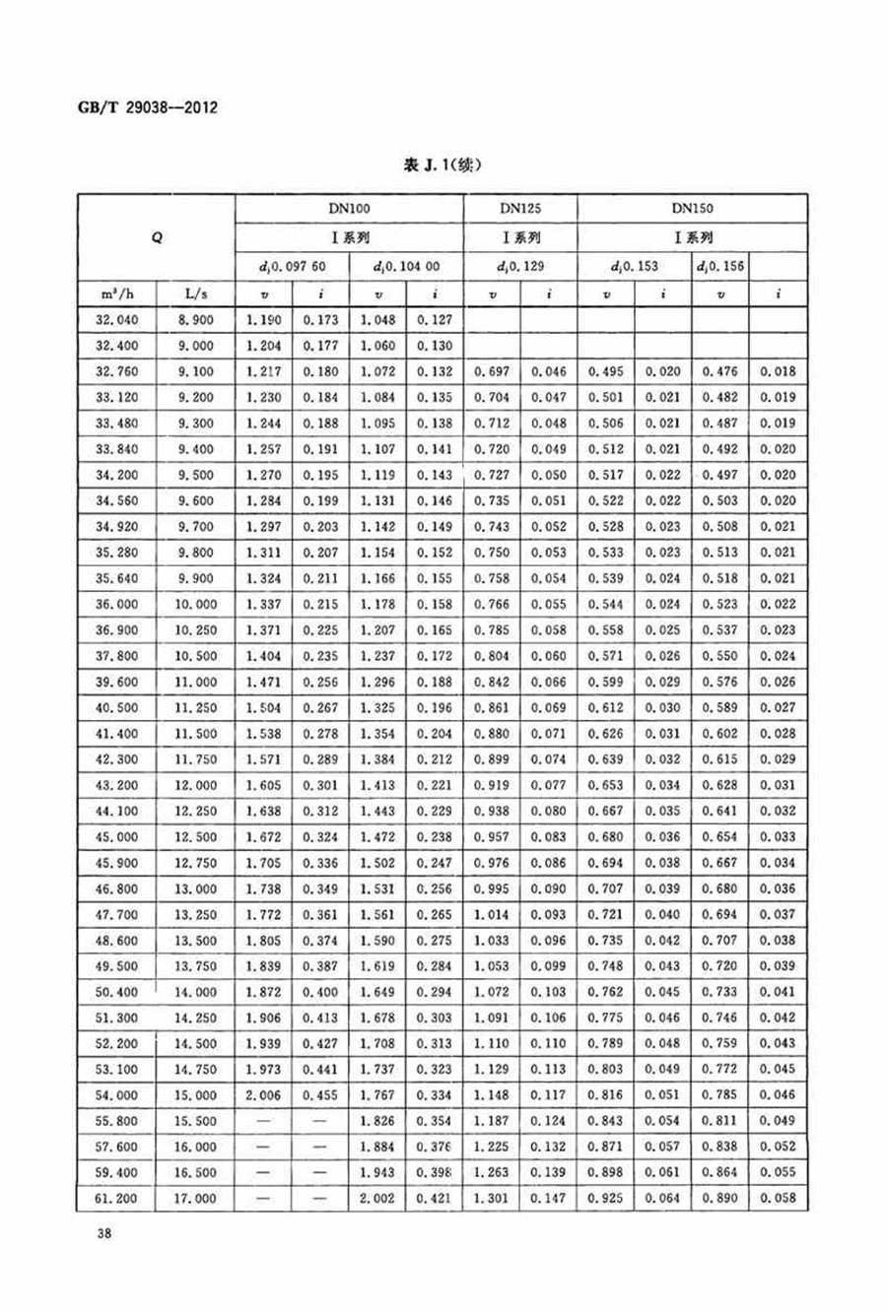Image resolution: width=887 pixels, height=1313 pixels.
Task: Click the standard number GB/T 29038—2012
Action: [x=147, y=107]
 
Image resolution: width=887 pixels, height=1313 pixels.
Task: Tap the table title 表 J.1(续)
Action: [x=443, y=165]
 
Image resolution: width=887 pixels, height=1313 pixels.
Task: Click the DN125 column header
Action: [x=519, y=209]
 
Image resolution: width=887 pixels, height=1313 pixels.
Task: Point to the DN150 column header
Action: [x=692, y=209]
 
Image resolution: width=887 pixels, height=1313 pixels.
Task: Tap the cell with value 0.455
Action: [x=319, y=1094]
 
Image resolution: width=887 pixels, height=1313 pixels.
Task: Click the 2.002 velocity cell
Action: [x=376, y=1198]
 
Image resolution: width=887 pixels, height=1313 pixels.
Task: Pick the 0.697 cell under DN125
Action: [x=492, y=371]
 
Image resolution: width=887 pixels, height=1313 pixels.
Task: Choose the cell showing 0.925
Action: [x=605, y=1198]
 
